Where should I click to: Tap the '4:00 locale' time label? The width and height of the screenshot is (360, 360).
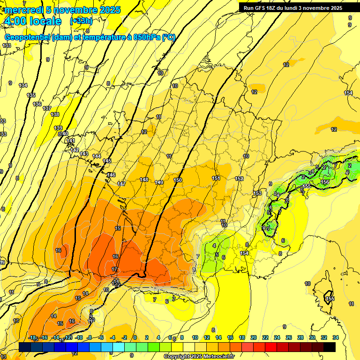[32, 21]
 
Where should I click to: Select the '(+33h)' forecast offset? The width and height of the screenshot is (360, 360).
[81, 21]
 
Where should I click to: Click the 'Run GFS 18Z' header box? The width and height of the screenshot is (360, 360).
[293, 8]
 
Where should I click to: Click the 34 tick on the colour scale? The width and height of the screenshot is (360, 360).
[335, 337]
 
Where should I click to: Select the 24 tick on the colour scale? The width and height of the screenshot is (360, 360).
[277, 337]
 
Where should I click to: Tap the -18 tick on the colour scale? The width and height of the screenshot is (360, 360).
[32, 337]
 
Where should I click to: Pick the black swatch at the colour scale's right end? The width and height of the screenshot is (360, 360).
[330, 347]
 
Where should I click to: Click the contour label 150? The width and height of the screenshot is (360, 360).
[178, 180]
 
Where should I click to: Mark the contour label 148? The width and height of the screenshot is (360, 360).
[144, 180]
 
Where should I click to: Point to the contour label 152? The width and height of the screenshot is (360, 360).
[239, 179]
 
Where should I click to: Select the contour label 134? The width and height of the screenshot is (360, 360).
[23, 85]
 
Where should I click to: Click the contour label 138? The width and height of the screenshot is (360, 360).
[55, 114]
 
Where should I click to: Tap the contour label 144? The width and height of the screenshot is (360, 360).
[97, 156]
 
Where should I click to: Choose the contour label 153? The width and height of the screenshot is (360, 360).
[257, 193]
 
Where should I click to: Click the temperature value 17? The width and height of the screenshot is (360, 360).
[115, 269]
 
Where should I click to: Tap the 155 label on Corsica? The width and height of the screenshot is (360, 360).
[330, 299]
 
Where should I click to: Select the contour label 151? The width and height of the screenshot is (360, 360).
[216, 178]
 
